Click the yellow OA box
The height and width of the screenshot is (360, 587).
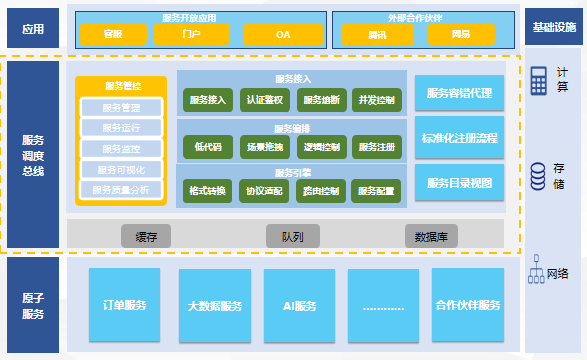[x=283, y=34]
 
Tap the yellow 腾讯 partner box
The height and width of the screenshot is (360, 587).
[x=363, y=34]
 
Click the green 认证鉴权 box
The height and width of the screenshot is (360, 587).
[x=265, y=100]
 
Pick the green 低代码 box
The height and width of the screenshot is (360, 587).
[x=208, y=147]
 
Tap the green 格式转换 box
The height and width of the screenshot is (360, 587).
[x=208, y=190]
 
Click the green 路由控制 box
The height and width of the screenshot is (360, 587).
[x=321, y=190]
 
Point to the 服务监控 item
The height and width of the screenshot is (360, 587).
[x=121, y=148]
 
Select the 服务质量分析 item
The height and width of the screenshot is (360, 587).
[x=121, y=189]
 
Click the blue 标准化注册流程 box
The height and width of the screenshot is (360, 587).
[x=459, y=138]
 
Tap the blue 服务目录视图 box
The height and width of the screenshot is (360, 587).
[x=459, y=182]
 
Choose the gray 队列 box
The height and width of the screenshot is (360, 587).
[x=292, y=236]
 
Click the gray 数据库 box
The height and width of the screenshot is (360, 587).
[x=433, y=236]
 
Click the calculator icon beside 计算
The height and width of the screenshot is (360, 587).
[x=539, y=81]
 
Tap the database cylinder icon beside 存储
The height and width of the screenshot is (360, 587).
[x=538, y=176]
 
